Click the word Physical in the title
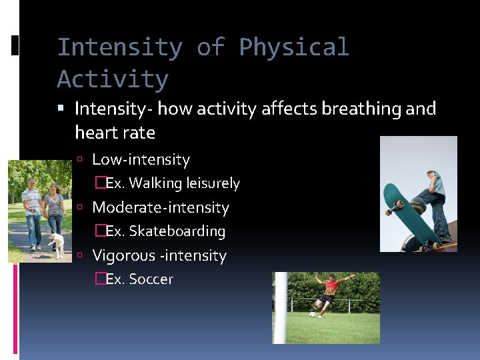[293, 48]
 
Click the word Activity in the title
[113, 79]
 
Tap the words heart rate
[115, 133]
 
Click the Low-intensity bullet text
[141, 160]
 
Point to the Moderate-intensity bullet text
[160, 208]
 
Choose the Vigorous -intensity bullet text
[159, 256]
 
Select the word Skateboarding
[177, 231]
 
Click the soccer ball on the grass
[313, 314]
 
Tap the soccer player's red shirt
[331, 285]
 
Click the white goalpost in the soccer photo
[281, 307]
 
